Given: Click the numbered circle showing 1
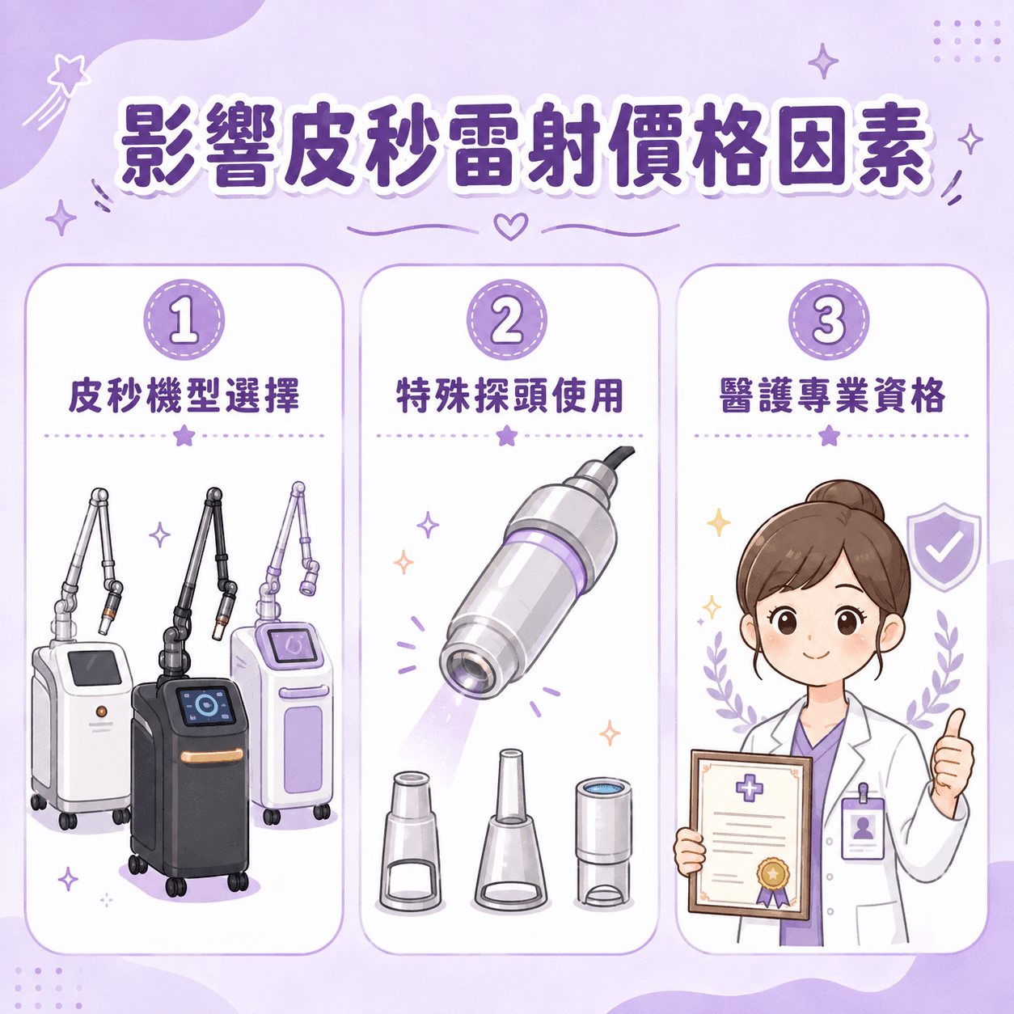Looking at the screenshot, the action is tap(184, 320).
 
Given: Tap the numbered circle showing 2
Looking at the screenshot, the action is tap(507, 320).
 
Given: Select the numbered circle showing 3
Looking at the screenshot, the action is tap(829, 320).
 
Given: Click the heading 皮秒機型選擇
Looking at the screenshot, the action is tap(184, 395).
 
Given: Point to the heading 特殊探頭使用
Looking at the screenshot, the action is tap(509, 395).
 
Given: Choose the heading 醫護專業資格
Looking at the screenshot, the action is tap(832, 395).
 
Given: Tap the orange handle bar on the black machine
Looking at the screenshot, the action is tap(212, 755).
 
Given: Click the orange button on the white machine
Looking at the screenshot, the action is tap(100, 712).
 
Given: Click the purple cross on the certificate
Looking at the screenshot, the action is tap(750, 790).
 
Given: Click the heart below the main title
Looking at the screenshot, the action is tap(511, 226).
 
